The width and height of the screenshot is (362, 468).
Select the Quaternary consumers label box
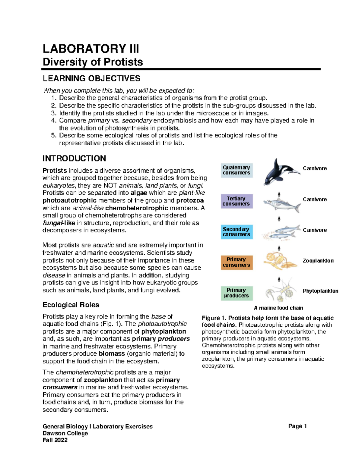pyautogui.click(x=237, y=170)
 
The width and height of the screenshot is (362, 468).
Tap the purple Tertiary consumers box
pyautogui.click(x=237, y=201)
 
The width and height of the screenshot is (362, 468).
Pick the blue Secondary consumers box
pyautogui.click(x=237, y=232)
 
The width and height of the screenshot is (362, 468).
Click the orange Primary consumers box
pyautogui.click(x=237, y=262)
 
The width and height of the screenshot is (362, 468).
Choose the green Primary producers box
pyautogui.click(x=237, y=293)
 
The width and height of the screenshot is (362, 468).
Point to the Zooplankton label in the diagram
pyautogui.click(x=318, y=261)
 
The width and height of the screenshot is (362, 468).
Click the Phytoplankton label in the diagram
pyautogui.click(x=320, y=291)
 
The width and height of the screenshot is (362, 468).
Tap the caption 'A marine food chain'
pyautogui.click(x=278, y=308)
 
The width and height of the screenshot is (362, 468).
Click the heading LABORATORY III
pyautogui.click(x=91, y=49)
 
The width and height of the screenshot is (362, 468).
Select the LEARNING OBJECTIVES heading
pyautogui.click(x=91, y=79)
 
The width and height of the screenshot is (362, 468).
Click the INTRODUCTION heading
pyautogui.click(x=74, y=159)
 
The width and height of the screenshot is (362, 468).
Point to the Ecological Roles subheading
pyautogui.click(x=71, y=305)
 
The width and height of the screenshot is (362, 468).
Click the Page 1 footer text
pyautogui.click(x=297, y=426)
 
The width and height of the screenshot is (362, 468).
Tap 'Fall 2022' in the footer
pyautogui.click(x=55, y=440)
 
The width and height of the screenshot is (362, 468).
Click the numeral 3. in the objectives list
pyautogui.click(x=53, y=113)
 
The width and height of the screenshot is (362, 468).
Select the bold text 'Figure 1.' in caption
pyautogui.click(x=214, y=318)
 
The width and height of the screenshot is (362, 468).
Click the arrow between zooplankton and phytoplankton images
pyautogui.click(x=279, y=279)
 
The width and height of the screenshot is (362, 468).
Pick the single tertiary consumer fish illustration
pyautogui.click(x=281, y=205)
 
